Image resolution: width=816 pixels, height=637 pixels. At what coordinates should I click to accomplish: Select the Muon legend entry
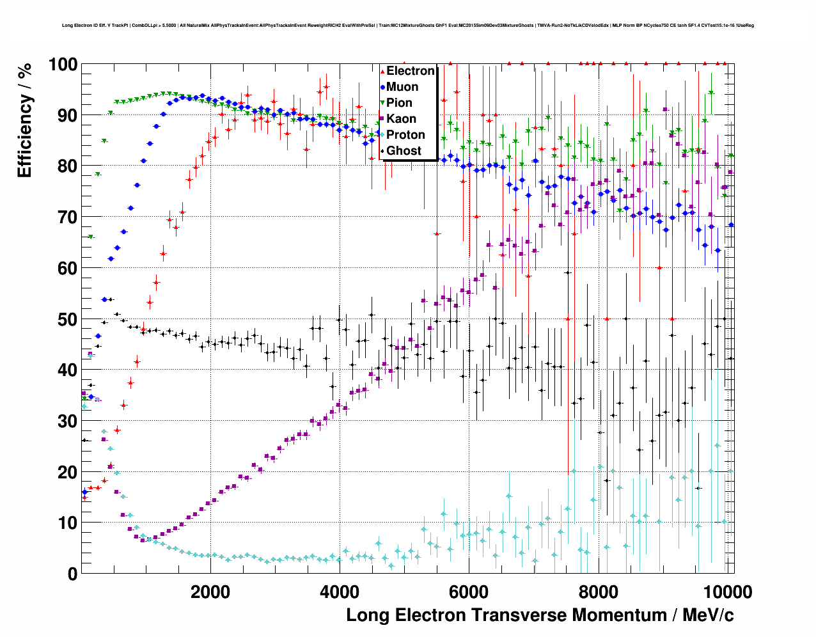tap(402, 87)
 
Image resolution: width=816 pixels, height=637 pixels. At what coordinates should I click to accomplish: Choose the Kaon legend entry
tap(401, 119)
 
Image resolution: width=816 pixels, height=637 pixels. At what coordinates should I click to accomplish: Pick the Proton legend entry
tap(405, 135)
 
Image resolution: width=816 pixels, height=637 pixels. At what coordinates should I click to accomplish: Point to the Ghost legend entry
tap(404, 151)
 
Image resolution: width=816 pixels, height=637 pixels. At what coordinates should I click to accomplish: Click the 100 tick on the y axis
tap(63, 65)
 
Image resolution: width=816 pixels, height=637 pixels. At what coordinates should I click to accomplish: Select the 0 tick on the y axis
tap(72, 574)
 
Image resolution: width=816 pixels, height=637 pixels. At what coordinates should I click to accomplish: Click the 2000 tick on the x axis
tap(210, 592)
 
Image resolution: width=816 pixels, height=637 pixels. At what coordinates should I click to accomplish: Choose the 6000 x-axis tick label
tap(469, 592)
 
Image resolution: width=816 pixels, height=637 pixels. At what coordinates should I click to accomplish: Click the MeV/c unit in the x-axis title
tap(708, 615)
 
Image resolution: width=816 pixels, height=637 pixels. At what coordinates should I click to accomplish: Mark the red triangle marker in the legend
tap(382, 72)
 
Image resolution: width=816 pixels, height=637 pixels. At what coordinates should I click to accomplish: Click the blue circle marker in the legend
tap(382, 87)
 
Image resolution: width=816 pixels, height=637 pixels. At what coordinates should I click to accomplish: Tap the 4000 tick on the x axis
tap(340, 592)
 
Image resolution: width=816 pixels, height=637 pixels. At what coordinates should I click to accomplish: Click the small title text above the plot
tap(408, 26)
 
